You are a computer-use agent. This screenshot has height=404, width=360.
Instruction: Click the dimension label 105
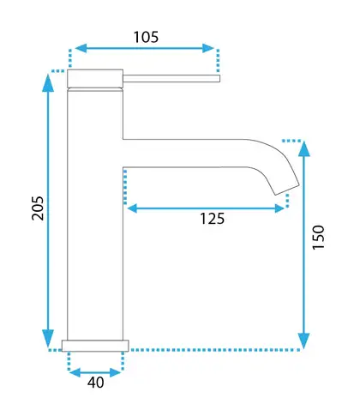click(146, 37)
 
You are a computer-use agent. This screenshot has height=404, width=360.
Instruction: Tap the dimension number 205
click(38, 208)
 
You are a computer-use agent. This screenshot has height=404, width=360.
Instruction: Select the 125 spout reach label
click(212, 219)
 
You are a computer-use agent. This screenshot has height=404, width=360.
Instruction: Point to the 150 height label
click(319, 238)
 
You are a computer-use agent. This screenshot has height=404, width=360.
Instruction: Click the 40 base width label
click(96, 383)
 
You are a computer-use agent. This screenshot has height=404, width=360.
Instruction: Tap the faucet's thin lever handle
click(171, 78)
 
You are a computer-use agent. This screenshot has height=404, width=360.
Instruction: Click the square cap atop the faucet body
click(95, 78)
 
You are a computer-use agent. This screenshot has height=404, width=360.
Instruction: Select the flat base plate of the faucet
click(95, 346)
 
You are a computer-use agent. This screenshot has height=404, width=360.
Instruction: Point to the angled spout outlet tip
click(287, 190)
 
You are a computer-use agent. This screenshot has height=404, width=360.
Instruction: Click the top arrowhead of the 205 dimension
click(48, 83)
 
